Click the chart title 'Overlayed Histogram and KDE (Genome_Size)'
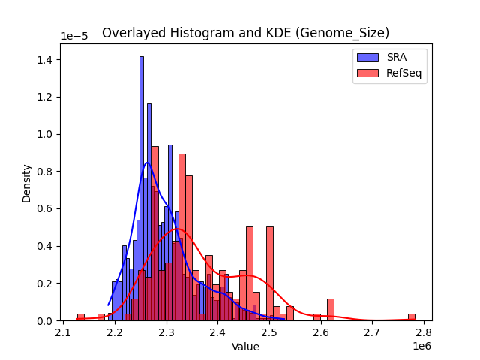coord(245,33)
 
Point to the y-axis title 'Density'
coord(27,182)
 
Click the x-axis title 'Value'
coord(245,346)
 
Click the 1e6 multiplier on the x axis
coord(420,346)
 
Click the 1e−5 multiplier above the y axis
coord(73,37)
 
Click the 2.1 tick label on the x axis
coord(64,333)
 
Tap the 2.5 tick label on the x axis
coord(269,333)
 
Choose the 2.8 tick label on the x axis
coord(424,333)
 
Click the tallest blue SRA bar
coord(141,187)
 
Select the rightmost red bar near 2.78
coord(411,317)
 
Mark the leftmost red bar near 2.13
coord(80,317)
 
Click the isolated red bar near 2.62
coord(330,310)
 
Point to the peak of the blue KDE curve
coord(148,163)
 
